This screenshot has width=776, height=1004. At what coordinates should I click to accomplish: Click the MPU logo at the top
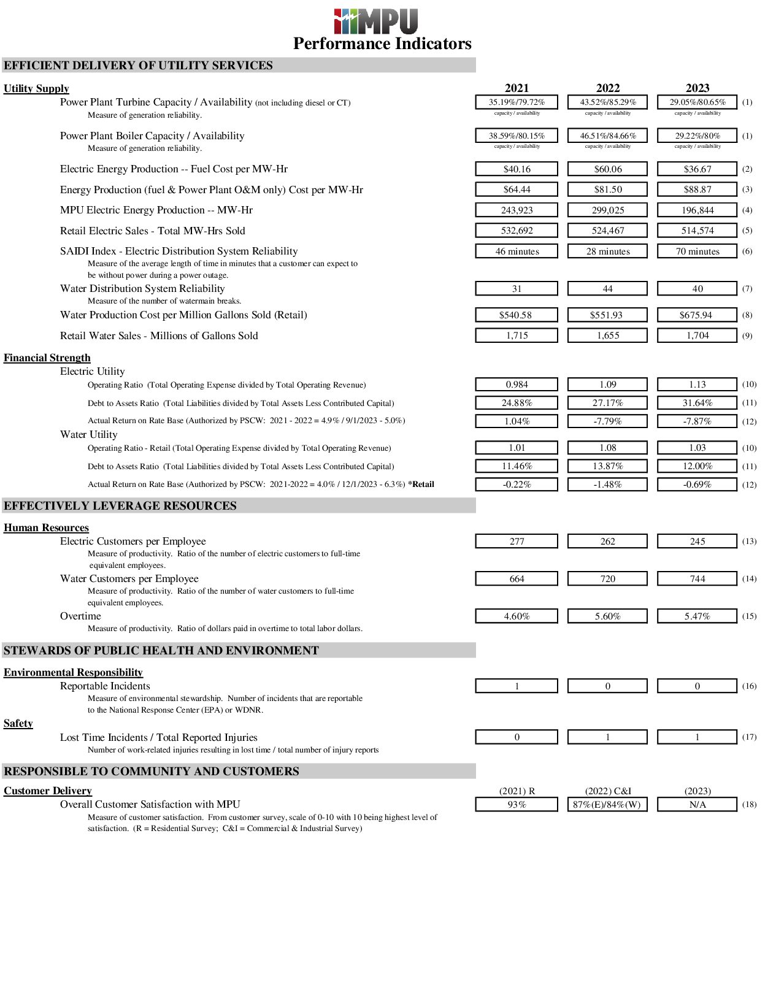[375, 21]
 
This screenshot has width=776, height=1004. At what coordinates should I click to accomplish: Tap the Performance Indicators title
[382, 44]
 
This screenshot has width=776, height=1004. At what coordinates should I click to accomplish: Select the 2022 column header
[607, 88]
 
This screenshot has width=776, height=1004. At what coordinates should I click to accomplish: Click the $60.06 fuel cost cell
[607, 169]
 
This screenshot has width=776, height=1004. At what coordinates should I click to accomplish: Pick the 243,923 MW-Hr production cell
[517, 210]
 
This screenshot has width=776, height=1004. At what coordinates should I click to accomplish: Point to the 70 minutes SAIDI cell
[697, 251]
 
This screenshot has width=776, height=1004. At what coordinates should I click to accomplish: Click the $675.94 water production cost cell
[697, 315]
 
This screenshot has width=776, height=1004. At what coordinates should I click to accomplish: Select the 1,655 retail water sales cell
[607, 335]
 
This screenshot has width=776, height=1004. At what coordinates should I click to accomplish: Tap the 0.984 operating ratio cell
[517, 385]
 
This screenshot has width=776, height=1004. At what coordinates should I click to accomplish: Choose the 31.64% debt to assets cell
[697, 403]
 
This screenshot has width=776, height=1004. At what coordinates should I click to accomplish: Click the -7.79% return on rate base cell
[607, 421]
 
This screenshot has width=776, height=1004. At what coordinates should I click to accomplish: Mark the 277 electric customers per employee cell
[517, 541]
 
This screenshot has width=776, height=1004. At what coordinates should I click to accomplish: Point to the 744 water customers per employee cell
[697, 578]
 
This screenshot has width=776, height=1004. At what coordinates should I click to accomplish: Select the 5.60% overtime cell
[607, 616]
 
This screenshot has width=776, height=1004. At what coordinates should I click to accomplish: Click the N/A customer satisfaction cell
[697, 804]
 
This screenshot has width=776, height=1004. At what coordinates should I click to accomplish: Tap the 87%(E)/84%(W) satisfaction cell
[607, 804]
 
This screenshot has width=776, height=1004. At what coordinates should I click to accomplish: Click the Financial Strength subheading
[47, 358]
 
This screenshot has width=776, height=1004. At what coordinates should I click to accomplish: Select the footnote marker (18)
[749, 804]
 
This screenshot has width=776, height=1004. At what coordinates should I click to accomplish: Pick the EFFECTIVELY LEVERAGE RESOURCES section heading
[120, 505]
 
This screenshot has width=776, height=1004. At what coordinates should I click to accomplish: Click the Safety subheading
[18, 723]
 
